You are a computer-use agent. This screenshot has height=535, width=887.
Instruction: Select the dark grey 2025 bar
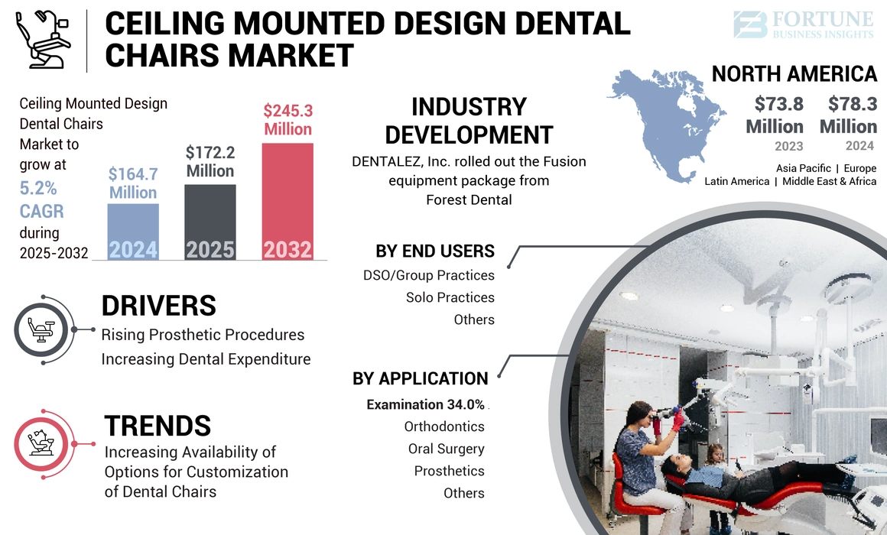[x=210, y=222]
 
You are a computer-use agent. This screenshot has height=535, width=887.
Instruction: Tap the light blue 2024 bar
[x=133, y=231]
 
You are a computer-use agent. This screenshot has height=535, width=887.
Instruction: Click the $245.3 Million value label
[x=288, y=120]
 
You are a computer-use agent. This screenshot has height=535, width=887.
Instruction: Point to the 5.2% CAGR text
[x=41, y=199]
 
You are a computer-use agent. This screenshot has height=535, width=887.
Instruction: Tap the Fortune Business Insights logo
[x=804, y=24]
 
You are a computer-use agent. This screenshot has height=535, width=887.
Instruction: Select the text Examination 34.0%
[x=425, y=404]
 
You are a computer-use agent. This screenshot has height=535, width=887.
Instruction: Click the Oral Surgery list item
[x=447, y=449]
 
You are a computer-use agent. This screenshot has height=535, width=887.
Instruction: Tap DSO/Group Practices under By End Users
[x=429, y=275]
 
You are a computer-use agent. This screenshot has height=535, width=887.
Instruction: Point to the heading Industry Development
[x=469, y=121]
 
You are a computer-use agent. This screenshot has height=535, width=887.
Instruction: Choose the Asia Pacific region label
[x=803, y=168]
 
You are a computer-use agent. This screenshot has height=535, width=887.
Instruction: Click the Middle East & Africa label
[x=829, y=182]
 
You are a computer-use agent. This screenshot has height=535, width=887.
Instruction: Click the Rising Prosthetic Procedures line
[x=203, y=335]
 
